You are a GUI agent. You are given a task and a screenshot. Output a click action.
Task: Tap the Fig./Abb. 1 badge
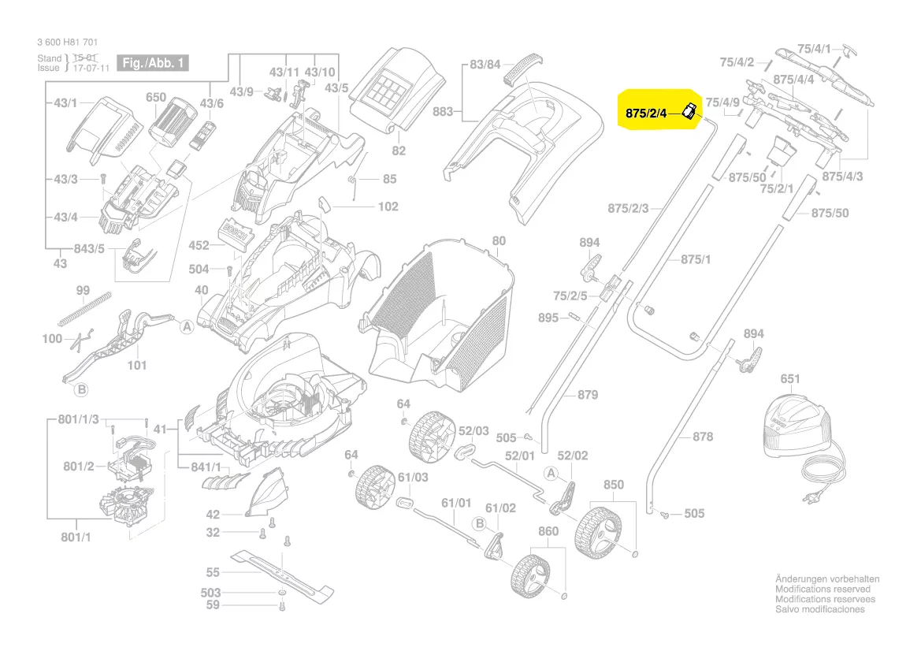pos(152,63)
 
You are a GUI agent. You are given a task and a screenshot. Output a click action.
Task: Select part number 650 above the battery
pos(156,98)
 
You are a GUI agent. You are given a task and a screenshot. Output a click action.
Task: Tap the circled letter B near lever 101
pos(80,389)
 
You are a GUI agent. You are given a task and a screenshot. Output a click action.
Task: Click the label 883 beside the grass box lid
pos(443,112)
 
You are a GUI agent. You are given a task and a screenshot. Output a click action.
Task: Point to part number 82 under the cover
pos(399,151)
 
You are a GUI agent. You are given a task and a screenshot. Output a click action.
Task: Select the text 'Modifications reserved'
pos(823,589)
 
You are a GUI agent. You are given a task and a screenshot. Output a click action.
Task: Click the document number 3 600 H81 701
pos(68,43)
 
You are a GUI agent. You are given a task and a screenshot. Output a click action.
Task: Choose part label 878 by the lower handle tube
pos(702,437)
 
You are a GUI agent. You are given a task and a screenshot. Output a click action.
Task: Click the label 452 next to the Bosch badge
pos(199,246)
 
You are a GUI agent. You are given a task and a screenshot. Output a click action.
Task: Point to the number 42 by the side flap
pos(213,515)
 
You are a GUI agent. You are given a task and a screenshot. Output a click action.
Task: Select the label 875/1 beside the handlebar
pos(696,259)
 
